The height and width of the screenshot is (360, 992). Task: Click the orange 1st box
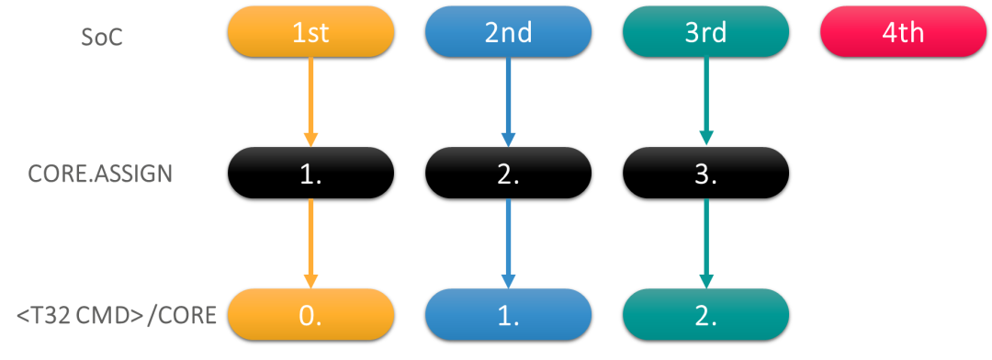pyautogui.click(x=310, y=32)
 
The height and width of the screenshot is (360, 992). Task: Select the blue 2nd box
pyautogui.click(x=508, y=32)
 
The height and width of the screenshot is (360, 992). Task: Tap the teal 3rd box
pyautogui.click(x=705, y=32)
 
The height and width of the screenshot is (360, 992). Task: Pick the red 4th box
pyautogui.click(x=903, y=32)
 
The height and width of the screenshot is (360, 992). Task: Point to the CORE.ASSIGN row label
pyautogui.click(x=100, y=174)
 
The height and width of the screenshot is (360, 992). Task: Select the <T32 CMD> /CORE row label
pyautogui.click(x=117, y=315)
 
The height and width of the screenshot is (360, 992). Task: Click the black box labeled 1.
pyautogui.click(x=310, y=174)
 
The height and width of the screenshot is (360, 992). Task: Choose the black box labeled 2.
pyautogui.click(x=508, y=174)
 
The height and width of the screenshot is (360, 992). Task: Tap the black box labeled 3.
pyautogui.click(x=705, y=174)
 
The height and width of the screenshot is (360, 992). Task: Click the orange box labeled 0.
pyautogui.click(x=310, y=315)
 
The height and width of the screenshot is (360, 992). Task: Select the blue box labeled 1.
pyautogui.click(x=508, y=315)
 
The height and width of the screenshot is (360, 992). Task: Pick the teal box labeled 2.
pyautogui.click(x=705, y=315)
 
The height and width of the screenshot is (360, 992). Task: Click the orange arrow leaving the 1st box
pyautogui.click(x=310, y=96)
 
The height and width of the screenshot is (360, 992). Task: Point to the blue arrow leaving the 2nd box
pyautogui.click(x=508, y=96)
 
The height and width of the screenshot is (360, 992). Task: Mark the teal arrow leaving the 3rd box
pyautogui.click(x=705, y=96)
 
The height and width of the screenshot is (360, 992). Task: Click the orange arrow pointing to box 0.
pyautogui.click(x=310, y=239)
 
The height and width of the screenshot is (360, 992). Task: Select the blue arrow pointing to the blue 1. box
pyautogui.click(x=508, y=239)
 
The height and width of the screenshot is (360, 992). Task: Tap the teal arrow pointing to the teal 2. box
pyautogui.click(x=705, y=239)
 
